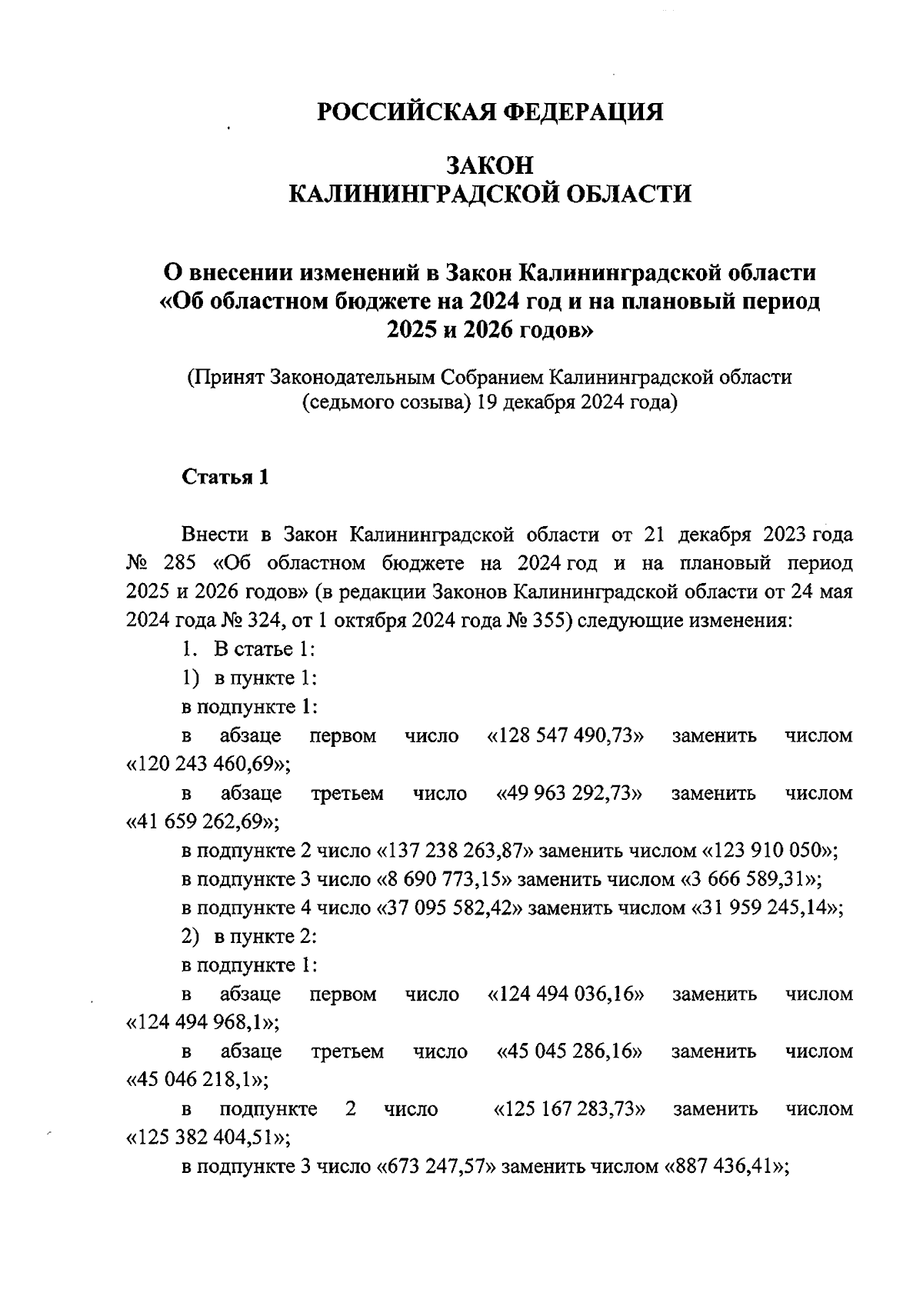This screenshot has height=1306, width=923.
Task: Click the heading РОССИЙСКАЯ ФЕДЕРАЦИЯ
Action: click(x=490, y=112)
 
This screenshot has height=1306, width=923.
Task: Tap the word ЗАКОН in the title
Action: click(x=490, y=165)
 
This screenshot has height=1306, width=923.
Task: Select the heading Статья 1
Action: click(x=225, y=477)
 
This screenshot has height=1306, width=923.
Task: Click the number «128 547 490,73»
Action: click(x=566, y=736)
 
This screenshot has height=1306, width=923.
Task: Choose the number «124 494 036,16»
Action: click(x=566, y=994)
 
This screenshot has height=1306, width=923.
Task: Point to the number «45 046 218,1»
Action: click(x=197, y=1081)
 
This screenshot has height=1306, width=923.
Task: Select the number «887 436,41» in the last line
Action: click(x=722, y=1167)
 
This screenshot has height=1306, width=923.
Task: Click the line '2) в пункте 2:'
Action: click(x=250, y=937)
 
